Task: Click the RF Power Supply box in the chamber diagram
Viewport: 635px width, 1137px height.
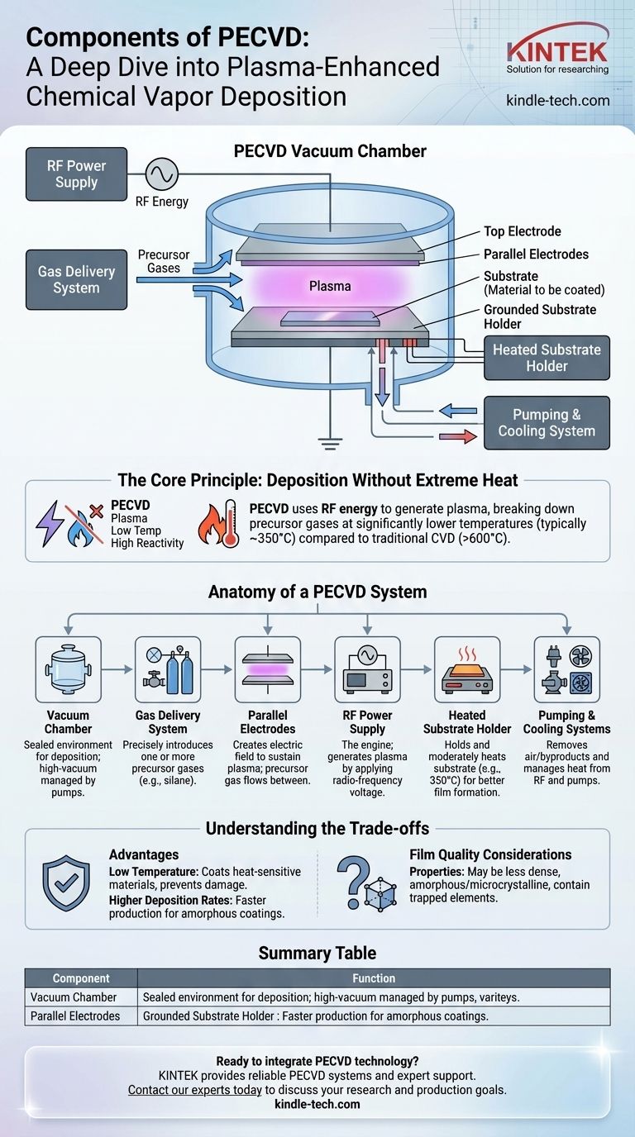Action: pos(77,174)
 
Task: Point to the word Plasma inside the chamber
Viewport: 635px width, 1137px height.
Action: pos(330,286)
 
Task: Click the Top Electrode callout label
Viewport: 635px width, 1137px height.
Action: pos(522,232)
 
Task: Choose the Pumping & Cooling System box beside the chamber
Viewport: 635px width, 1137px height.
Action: pos(547,423)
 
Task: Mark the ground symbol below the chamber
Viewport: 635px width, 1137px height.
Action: pos(331,444)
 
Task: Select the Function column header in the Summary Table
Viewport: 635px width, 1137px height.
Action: pos(374,978)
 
